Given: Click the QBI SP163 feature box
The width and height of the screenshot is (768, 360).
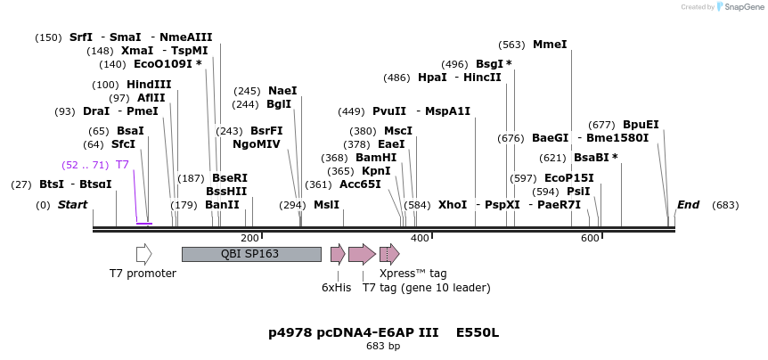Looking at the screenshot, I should [250, 254].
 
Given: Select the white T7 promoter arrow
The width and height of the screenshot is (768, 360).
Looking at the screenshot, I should [143, 254].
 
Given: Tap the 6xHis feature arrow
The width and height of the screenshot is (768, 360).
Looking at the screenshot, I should [337, 254].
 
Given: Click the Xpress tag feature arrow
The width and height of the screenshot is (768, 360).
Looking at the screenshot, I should [389, 254].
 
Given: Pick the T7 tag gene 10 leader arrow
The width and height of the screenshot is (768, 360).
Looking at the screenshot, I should [361, 254].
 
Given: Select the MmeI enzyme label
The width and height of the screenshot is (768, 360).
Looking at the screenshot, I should [549, 45].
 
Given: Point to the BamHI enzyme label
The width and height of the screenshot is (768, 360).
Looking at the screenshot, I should [376, 158].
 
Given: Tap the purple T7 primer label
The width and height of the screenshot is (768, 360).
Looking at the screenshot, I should [122, 165].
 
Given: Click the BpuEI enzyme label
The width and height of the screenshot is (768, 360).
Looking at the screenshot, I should [641, 125].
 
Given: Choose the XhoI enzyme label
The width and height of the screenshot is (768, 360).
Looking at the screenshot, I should [452, 205].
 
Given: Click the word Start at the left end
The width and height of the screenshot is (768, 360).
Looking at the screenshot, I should [73, 205].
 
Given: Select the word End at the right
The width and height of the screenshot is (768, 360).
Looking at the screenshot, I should [688, 205].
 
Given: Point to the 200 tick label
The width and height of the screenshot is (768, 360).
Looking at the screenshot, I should [250, 238].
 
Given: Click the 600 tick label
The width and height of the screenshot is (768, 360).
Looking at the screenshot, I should [590, 238].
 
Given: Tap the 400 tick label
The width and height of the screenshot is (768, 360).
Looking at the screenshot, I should [420, 238].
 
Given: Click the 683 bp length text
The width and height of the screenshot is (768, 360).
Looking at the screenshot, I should [383, 346].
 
